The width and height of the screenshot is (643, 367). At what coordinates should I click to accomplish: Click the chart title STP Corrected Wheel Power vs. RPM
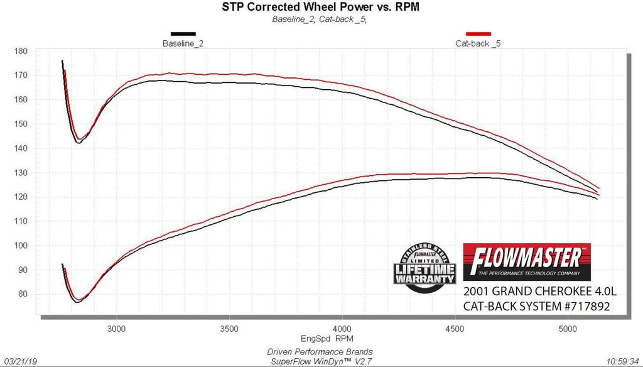320,8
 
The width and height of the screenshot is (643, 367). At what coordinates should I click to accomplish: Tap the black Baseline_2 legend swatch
183,33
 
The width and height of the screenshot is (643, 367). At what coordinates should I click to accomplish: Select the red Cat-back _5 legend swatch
478,33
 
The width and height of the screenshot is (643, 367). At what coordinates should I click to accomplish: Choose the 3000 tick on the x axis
116,329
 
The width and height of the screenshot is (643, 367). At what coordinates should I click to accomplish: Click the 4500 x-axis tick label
455,329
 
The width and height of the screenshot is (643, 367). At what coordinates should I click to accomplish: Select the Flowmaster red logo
527,261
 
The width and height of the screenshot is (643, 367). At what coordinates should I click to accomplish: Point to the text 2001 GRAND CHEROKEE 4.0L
536,292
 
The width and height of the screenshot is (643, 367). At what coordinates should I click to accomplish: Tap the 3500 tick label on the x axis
229,329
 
